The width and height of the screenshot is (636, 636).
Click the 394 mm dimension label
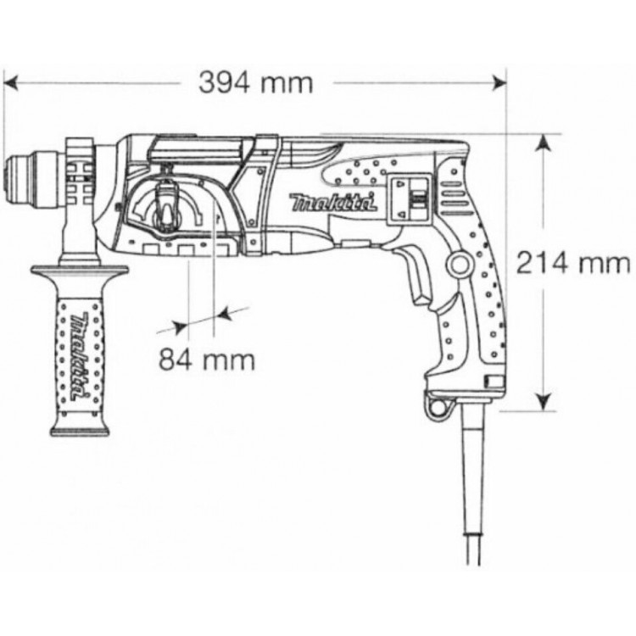point(255,83)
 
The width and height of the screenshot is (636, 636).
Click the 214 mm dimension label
point(572,263)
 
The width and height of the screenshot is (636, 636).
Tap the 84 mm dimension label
point(207,360)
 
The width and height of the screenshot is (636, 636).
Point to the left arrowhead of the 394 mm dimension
point(10,83)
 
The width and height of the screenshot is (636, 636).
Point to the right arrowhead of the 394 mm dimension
point(499,83)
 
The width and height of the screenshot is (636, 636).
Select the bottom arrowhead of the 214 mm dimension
point(544,402)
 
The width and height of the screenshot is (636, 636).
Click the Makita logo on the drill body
point(332,203)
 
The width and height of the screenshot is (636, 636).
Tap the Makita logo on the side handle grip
point(80,355)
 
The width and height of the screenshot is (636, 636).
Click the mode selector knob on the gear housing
point(165,204)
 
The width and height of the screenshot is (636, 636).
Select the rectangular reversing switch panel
point(410,198)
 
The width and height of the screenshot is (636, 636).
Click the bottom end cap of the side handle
point(80,429)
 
